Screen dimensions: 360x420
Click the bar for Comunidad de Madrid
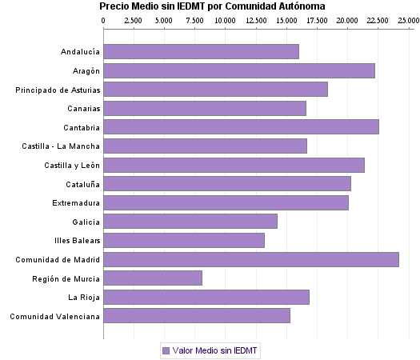click(x=251, y=259)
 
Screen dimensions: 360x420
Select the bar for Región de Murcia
click(x=153, y=278)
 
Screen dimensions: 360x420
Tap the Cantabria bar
click(x=241, y=127)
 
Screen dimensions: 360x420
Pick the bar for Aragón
click(x=239, y=70)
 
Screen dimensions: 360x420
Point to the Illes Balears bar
click(x=184, y=240)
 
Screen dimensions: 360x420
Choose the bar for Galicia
click(x=190, y=221)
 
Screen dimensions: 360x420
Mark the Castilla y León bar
click(x=234, y=165)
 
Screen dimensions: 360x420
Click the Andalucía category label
click(x=80, y=52)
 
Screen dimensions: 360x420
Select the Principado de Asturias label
click(x=58, y=90)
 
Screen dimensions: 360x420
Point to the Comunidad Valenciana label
click(x=55, y=316)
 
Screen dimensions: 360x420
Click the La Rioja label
click(x=84, y=298)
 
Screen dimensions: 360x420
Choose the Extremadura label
click(x=76, y=203)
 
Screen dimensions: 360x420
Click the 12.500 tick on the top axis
click(x=255, y=20)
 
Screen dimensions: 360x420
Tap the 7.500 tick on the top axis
click(x=194, y=20)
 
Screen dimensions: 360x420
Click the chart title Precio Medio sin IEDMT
click(x=212, y=6)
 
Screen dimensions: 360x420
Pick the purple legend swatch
click(x=166, y=350)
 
